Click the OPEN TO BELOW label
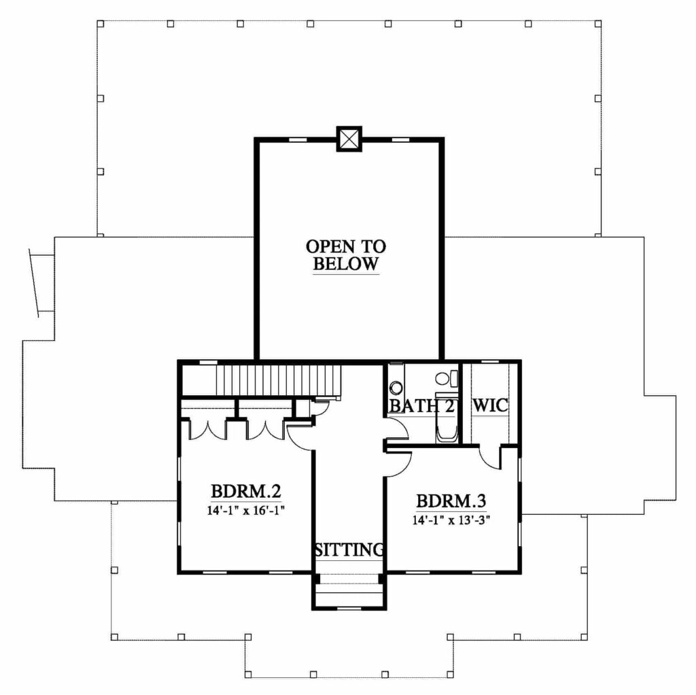346,255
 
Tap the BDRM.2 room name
245,492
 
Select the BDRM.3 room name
451,501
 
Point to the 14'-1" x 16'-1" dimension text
245,510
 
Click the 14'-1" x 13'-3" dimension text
451,520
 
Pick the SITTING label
349,549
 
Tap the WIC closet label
490,405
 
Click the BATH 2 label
421,406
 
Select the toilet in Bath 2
447,379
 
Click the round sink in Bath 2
396,388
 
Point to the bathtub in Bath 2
447,418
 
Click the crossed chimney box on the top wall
349,139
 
